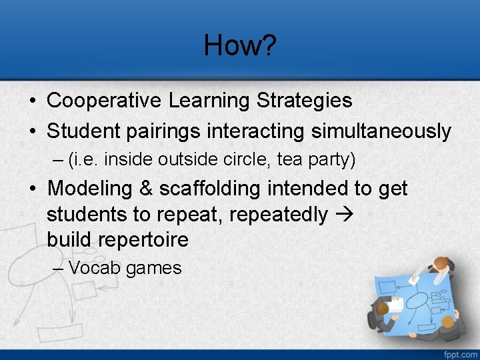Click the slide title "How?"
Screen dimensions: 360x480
coord(239,45)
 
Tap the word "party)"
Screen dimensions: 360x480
coord(331,160)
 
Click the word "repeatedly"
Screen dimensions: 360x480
coord(293,214)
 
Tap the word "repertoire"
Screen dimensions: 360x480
coord(118,239)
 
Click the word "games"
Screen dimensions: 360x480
coord(153,269)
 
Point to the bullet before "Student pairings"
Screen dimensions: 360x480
coord(33,131)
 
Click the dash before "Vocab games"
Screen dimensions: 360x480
coord(57,268)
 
